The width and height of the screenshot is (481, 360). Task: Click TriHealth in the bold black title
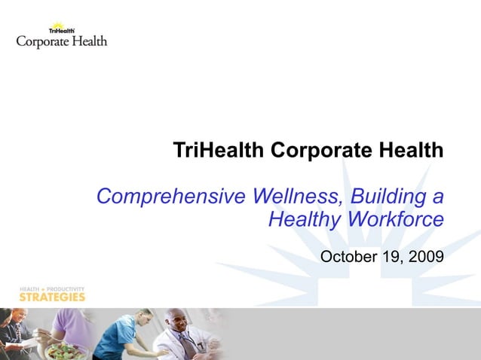[x=219, y=151]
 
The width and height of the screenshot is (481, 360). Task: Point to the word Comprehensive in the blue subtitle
[x=170, y=197]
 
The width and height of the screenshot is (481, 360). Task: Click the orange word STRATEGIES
[x=52, y=297]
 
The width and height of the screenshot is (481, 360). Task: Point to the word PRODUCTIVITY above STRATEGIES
[x=66, y=288]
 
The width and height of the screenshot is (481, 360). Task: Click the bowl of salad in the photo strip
[x=67, y=350]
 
